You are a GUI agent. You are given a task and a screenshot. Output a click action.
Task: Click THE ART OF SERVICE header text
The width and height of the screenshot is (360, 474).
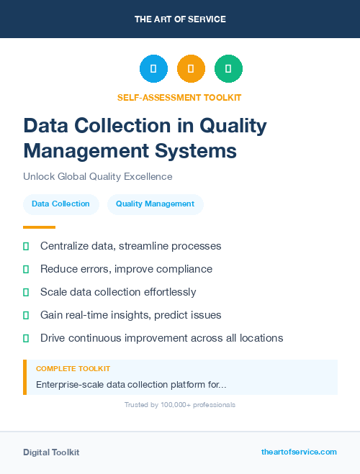pos(180,19)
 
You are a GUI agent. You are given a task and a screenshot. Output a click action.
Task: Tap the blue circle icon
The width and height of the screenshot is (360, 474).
pos(153,69)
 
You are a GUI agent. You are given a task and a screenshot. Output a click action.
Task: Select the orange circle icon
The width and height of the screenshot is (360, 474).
pos(191,69)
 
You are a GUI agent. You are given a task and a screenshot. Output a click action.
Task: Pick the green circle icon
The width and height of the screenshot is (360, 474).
pos(228,69)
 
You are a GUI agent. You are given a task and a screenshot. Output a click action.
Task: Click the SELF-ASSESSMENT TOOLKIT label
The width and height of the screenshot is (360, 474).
pos(179,97)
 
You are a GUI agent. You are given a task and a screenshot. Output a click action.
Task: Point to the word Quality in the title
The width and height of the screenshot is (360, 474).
pos(233,126)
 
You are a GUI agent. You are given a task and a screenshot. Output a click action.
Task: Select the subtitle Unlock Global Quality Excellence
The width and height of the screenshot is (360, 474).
pos(97,176)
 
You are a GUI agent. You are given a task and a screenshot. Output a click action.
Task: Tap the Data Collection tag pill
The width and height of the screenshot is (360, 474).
pos(60,204)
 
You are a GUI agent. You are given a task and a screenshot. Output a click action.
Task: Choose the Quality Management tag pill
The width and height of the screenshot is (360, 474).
pos(155,204)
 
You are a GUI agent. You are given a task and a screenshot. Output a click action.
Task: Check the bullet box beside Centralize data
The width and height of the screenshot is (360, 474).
pos(26,246)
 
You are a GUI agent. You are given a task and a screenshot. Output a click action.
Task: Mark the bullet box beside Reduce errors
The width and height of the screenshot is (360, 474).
pos(26,269)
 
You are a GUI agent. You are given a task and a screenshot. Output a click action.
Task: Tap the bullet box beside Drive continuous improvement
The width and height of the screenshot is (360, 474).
pos(26,338)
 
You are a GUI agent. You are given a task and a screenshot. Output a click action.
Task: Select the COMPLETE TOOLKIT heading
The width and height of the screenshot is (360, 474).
pos(73,369)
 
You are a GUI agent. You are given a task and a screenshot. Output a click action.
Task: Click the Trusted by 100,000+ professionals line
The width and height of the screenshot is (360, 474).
pos(180,405)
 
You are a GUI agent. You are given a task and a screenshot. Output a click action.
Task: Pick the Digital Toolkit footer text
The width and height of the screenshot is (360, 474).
pos(51,452)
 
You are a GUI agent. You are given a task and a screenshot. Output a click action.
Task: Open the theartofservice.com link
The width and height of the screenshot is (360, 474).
pos(299,452)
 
